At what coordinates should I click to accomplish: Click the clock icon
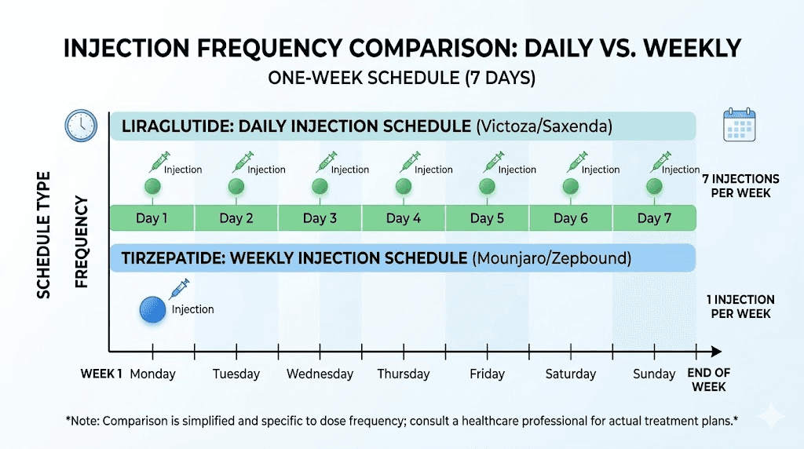coord(82,126)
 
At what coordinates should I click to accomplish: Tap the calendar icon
coord(739,125)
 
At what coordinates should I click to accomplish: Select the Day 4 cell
coord(404,218)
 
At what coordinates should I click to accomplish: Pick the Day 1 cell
coord(152,218)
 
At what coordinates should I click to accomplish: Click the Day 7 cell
coord(654,218)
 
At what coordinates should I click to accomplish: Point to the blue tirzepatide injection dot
coord(153,311)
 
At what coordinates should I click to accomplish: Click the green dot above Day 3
coord(320,187)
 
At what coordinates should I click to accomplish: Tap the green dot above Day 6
coord(571,187)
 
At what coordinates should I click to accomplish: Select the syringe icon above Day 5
coord(494,162)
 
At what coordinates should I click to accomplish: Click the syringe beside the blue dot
coord(180,290)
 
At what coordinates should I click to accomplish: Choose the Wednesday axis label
coord(320,374)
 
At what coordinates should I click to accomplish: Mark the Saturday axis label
coord(571,374)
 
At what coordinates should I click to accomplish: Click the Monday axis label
coord(152,374)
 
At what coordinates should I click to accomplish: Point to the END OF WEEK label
coord(707,380)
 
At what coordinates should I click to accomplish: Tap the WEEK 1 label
coord(101,374)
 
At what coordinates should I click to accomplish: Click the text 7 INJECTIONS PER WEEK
coord(740,186)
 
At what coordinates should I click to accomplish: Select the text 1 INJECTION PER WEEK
coord(740,306)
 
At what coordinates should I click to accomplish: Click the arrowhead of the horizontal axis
coord(715,351)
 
